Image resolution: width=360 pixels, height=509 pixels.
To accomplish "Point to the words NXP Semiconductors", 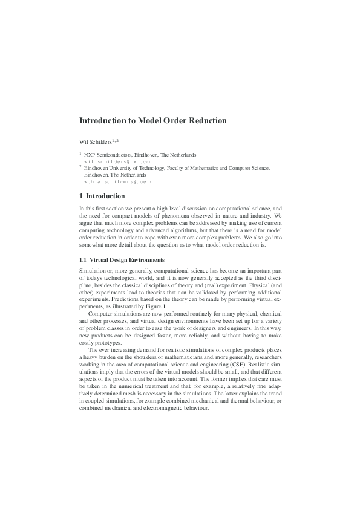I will [106, 155].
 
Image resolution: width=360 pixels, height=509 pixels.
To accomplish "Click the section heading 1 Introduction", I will [102, 196].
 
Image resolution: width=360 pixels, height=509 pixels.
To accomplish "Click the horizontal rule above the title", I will [180, 108].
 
